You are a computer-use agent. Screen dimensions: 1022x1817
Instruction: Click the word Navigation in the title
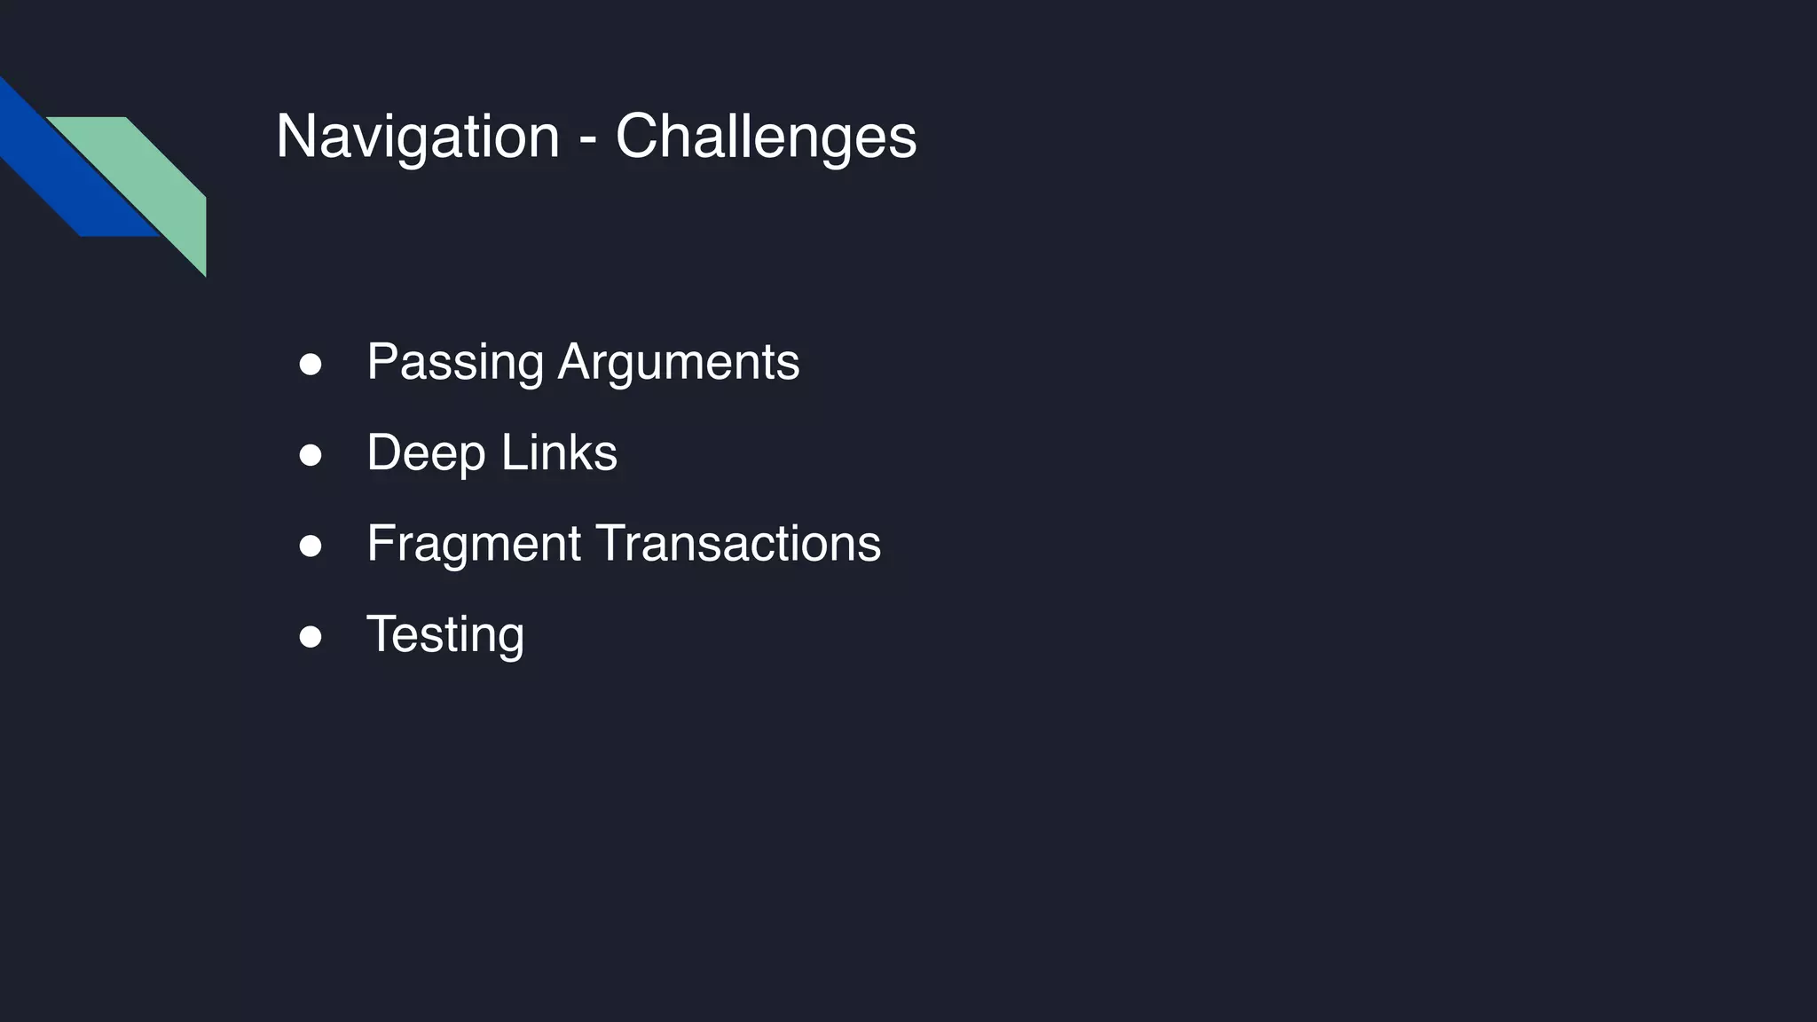(x=417, y=137)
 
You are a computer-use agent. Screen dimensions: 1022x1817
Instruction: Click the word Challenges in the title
(x=766, y=137)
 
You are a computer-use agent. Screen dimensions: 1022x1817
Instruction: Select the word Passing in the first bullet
(x=455, y=363)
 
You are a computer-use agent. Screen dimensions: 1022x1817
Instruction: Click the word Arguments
(x=679, y=363)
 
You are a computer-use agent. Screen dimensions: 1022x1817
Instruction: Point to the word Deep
(x=426, y=453)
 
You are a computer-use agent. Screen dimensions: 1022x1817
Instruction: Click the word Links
(x=559, y=453)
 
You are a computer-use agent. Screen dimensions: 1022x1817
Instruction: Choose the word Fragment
(x=474, y=544)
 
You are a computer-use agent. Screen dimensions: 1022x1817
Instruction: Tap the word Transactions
(x=739, y=544)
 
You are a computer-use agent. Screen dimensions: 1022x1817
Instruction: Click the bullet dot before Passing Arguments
(x=311, y=365)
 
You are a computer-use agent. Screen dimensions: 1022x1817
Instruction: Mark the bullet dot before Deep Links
(x=311, y=455)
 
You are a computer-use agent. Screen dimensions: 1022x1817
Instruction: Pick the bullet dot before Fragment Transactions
(x=311, y=546)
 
